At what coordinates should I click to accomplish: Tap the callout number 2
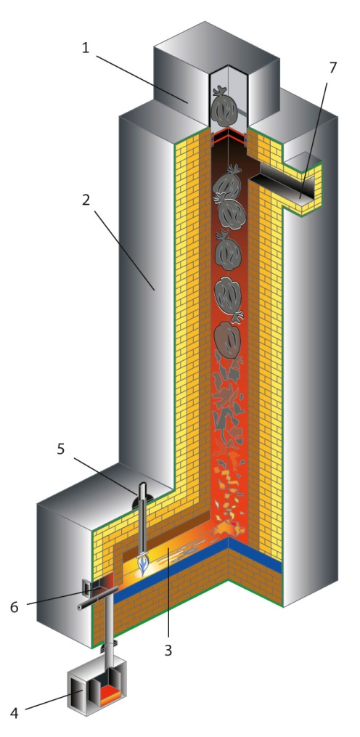click(x=85, y=200)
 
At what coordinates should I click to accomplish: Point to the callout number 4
click(x=14, y=712)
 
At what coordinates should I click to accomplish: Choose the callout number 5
click(x=61, y=449)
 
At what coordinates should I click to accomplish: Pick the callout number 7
click(x=332, y=68)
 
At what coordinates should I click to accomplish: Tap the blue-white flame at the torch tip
click(x=143, y=564)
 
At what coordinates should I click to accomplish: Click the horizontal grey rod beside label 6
click(x=97, y=602)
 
